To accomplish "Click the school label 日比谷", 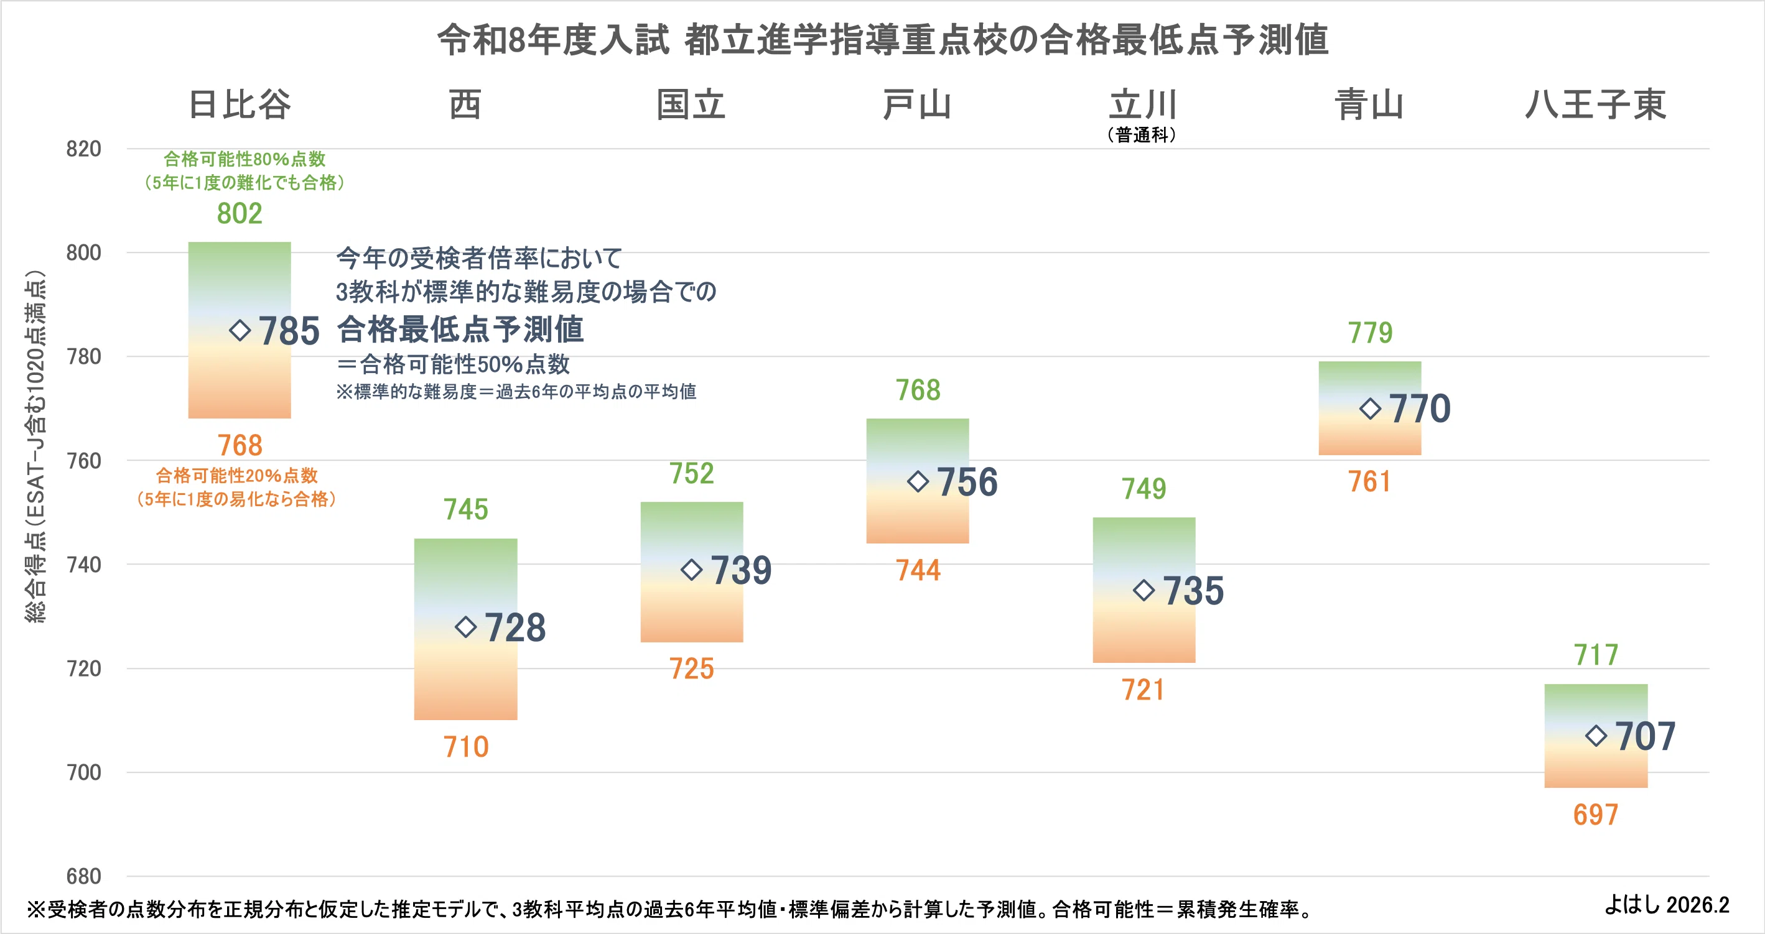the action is pyautogui.click(x=240, y=104).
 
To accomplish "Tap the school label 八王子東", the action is pyautogui.click(x=1596, y=104).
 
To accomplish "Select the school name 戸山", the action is pyautogui.click(x=918, y=104).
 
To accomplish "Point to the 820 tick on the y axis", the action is pyautogui.click(x=83, y=149).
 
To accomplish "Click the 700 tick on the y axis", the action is pyautogui.click(x=83, y=772).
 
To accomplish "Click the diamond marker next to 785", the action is pyautogui.click(x=240, y=331).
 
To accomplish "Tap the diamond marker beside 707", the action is pyautogui.click(x=1596, y=736).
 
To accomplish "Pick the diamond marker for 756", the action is pyautogui.click(x=918, y=481).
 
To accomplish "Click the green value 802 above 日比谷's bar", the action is pyautogui.click(x=240, y=214).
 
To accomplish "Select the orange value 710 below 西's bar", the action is pyautogui.click(x=466, y=747).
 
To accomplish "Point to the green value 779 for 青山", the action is pyautogui.click(x=1371, y=333).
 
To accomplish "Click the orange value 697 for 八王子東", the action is pyautogui.click(x=1596, y=815).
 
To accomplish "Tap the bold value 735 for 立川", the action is pyautogui.click(x=1193, y=591).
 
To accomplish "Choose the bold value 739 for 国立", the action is pyautogui.click(x=742, y=570).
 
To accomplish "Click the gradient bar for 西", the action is pyautogui.click(x=466, y=629).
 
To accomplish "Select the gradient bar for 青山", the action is pyautogui.click(x=1371, y=408).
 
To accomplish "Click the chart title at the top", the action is pyautogui.click(x=883, y=40).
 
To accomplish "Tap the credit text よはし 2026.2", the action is pyautogui.click(x=1667, y=905).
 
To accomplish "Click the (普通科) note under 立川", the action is pyautogui.click(x=1142, y=135).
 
